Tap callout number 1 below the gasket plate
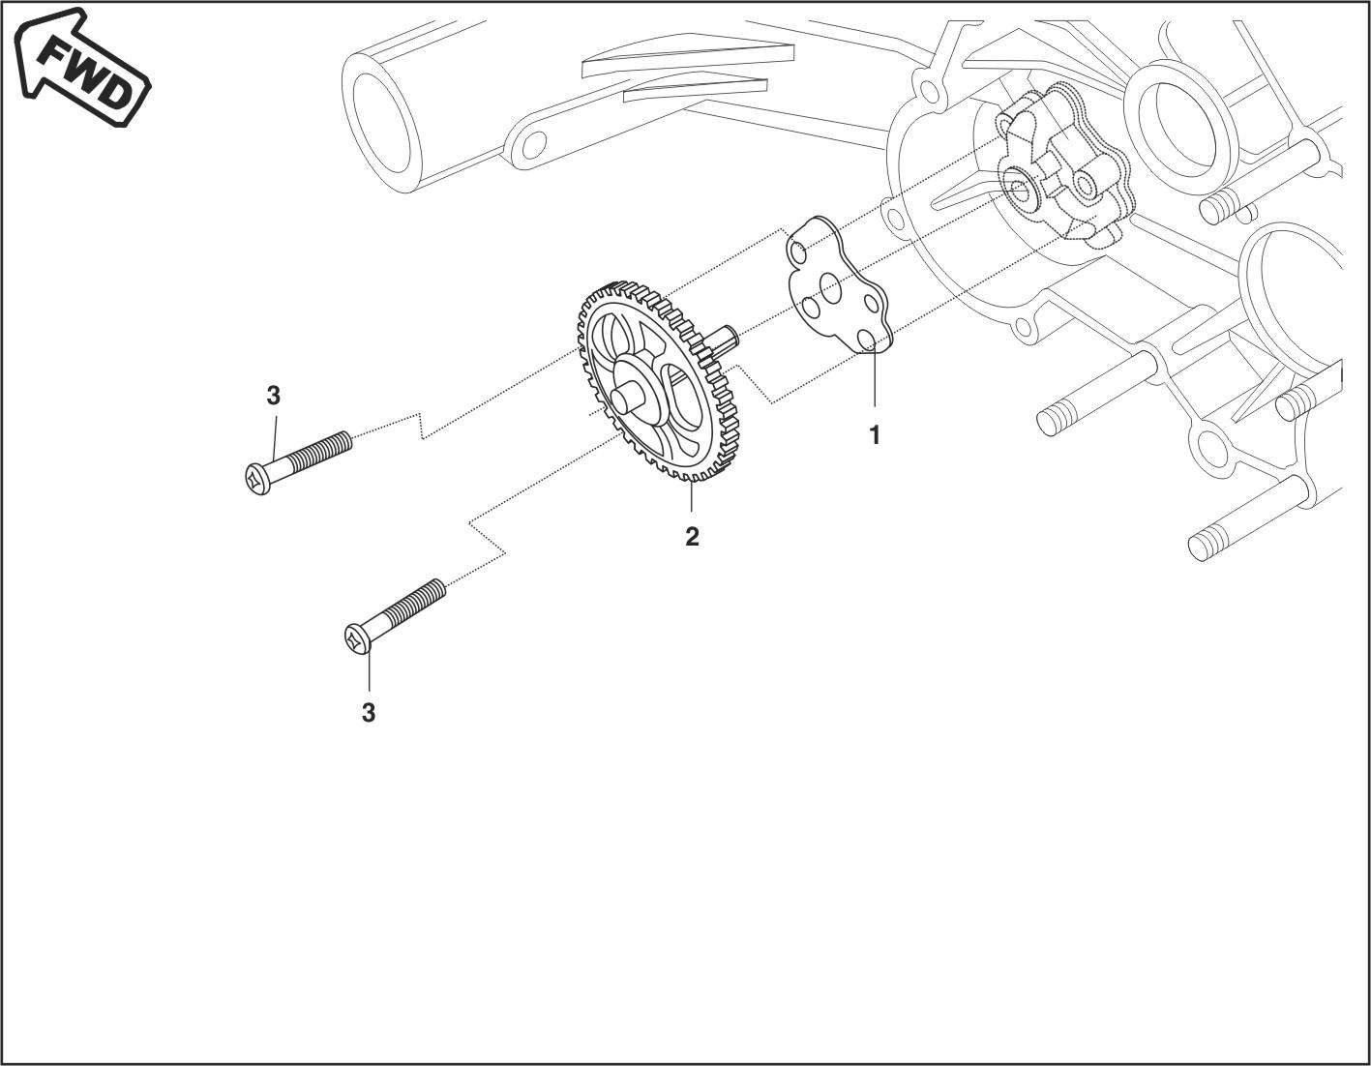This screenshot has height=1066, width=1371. [875, 435]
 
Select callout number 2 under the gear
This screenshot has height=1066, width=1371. [692, 536]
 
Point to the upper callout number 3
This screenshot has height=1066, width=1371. [274, 396]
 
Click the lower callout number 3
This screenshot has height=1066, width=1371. [368, 713]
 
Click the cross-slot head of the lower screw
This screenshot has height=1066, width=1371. [357, 638]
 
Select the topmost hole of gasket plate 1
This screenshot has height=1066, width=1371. [797, 253]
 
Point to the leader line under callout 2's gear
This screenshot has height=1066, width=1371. [691, 498]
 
